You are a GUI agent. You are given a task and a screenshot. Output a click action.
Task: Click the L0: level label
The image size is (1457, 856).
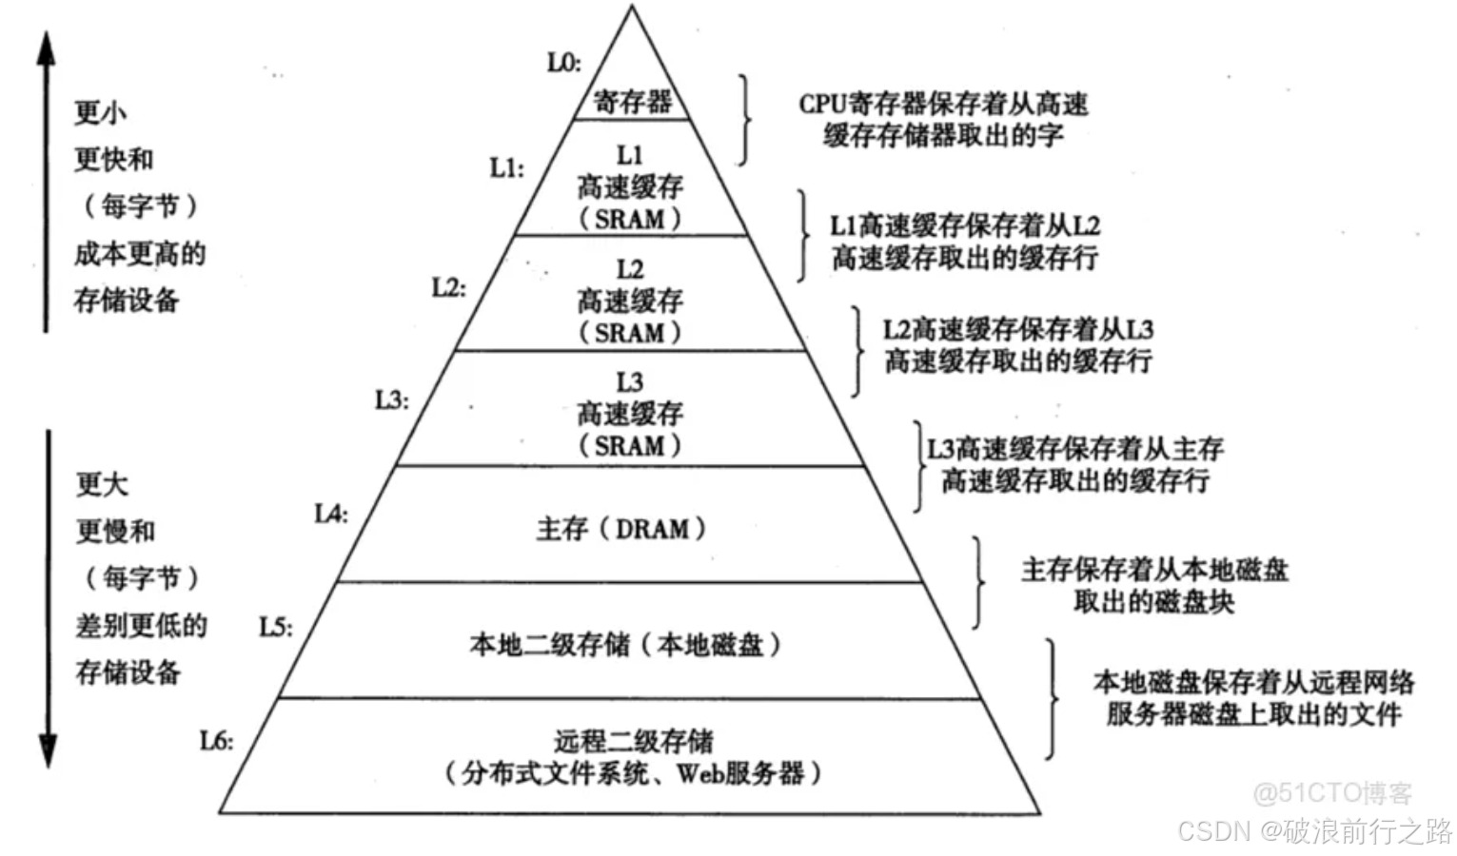click(563, 63)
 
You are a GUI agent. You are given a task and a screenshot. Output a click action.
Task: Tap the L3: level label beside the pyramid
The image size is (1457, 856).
click(391, 399)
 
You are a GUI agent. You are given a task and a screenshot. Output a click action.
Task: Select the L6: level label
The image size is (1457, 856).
click(216, 740)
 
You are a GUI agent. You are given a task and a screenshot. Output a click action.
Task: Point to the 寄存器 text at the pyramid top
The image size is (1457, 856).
click(632, 101)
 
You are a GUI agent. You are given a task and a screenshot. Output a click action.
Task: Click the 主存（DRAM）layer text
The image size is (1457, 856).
click(620, 529)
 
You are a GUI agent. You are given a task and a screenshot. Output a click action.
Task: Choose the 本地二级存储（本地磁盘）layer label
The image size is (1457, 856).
click(625, 645)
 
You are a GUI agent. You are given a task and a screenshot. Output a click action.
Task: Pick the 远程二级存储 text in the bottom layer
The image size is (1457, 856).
click(633, 740)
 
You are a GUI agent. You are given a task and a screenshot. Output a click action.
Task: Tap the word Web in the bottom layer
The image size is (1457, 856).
click(699, 772)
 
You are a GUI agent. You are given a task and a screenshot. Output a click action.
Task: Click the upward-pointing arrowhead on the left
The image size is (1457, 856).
click(46, 48)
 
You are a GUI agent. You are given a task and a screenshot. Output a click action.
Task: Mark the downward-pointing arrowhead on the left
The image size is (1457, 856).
click(47, 751)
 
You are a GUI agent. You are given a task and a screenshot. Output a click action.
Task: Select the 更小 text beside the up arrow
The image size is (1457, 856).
click(100, 113)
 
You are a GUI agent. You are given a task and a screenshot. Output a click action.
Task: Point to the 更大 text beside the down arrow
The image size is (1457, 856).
click(102, 484)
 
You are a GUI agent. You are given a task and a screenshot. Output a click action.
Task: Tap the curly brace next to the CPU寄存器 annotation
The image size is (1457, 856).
click(744, 120)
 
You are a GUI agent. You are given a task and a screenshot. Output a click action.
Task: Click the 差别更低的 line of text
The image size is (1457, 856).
click(141, 625)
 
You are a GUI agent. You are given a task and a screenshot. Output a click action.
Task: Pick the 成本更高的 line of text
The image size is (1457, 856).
click(140, 254)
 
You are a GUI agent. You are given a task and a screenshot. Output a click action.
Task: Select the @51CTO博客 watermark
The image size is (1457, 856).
click(1331, 792)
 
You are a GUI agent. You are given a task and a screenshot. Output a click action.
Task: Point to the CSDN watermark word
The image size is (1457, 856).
click(1213, 830)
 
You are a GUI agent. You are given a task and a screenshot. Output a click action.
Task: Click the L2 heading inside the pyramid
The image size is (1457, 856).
click(629, 269)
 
